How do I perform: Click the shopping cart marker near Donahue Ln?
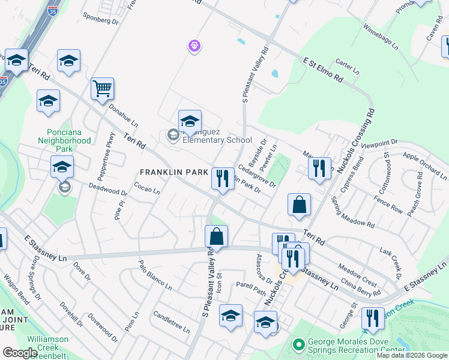[x=102, y=89]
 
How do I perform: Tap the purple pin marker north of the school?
[x=193, y=45]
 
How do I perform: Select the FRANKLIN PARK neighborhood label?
[x=173, y=172]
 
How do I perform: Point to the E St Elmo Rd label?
[x=322, y=70]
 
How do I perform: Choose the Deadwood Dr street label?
[x=108, y=190]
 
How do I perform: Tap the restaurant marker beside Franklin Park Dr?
[x=222, y=178]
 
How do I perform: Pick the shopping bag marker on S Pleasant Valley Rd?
[x=216, y=236]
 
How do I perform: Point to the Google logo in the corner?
[x=19, y=353]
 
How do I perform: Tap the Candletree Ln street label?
[x=171, y=322]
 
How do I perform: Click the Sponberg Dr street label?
[x=100, y=20]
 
